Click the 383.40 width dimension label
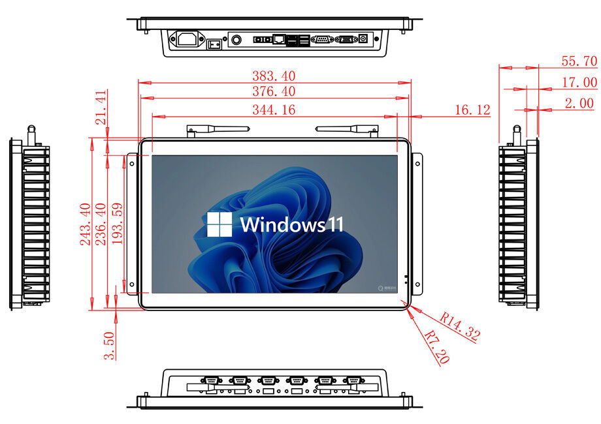[x=274, y=76]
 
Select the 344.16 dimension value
[x=274, y=110]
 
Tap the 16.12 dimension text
[x=472, y=110]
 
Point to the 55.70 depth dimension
[x=579, y=61]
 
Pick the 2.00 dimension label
[x=579, y=103]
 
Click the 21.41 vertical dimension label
[x=101, y=108]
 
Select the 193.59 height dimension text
[x=118, y=224]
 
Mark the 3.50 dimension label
[x=109, y=346]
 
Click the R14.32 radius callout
[x=459, y=326]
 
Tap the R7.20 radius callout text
[x=437, y=346]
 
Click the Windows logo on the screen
[x=219, y=224]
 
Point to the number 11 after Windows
[x=335, y=224]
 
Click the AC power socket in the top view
[x=187, y=39]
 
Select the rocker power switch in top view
[x=214, y=44]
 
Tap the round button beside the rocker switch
[x=236, y=39]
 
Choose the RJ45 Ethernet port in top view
[x=278, y=39]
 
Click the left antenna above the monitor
[x=218, y=129]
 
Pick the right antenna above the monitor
[x=347, y=129]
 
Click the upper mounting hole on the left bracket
[x=132, y=164]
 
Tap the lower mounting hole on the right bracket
[x=417, y=284]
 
